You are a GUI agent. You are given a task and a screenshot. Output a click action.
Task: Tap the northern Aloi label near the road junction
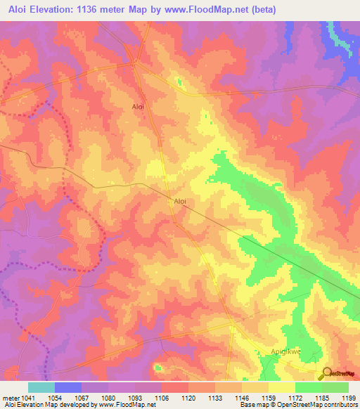[138, 107]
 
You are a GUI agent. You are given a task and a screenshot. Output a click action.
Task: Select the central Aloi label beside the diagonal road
[180, 201]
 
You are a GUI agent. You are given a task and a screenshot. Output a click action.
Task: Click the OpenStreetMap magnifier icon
[326, 373]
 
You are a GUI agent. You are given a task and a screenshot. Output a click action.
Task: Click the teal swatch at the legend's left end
[41, 387]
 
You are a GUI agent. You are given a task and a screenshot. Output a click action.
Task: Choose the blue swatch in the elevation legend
[68, 387]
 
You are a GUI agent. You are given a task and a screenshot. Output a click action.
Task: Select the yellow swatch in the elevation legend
[282, 387]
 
